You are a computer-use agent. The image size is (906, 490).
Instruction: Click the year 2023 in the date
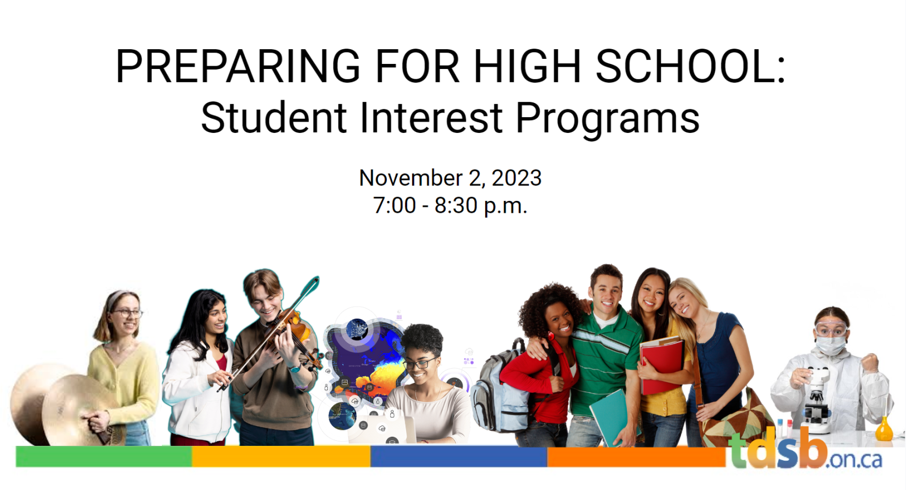click(x=516, y=178)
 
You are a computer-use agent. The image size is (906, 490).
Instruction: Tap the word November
click(x=411, y=178)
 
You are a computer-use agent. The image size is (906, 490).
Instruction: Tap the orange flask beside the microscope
click(x=884, y=429)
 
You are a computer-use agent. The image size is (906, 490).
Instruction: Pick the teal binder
click(x=613, y=417)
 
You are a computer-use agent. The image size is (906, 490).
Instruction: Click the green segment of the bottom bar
click(x=104, y=457)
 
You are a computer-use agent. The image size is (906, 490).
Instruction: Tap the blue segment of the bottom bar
click(x=459, y=457)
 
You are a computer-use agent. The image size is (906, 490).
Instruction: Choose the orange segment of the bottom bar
click(x=636, y=457)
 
